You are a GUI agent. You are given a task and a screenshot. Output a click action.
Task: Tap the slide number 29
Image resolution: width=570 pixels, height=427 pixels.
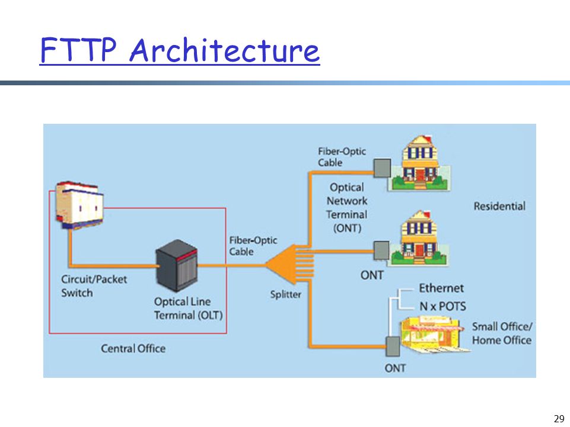(559, 419)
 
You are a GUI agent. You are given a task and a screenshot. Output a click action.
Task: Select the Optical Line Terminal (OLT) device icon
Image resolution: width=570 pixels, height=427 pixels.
(177, 265)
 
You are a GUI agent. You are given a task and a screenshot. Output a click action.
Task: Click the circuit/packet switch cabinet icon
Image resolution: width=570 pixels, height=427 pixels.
(79, 205)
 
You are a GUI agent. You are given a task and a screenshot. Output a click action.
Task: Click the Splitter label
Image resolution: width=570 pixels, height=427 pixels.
(286, 294)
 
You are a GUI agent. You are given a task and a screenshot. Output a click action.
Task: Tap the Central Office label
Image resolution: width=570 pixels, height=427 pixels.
(133, 349)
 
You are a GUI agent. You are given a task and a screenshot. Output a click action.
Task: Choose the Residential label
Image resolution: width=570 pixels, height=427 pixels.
(499, 206)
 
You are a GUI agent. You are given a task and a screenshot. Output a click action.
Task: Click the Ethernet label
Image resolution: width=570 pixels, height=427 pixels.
(441, 288)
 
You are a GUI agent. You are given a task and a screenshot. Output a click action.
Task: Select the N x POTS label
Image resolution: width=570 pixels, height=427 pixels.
(442, 306)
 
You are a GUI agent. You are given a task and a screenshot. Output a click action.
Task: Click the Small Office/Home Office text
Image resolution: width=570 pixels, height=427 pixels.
(502, 333)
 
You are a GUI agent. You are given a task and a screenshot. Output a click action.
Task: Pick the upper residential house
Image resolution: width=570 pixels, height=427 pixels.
(420, 163)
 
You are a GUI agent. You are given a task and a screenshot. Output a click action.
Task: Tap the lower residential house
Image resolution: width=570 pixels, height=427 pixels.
(419, 239)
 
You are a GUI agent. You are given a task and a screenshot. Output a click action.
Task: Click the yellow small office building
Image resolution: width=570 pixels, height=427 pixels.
(432, 335)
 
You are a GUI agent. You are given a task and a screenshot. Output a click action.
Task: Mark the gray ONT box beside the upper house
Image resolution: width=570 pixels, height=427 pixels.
(383, 168)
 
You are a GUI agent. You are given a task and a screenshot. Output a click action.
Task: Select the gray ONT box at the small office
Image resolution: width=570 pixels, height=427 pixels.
(393, 346)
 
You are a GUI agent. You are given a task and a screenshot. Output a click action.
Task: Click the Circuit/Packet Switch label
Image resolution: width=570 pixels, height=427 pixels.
(94, 286)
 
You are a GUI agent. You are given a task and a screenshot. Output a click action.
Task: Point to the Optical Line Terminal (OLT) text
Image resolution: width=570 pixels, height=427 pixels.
(188, 309)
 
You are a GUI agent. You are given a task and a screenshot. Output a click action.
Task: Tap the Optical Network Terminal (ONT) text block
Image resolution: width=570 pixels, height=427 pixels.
(347, 208)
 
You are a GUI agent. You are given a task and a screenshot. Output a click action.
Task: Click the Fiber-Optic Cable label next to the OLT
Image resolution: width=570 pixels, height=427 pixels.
(253, 246)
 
